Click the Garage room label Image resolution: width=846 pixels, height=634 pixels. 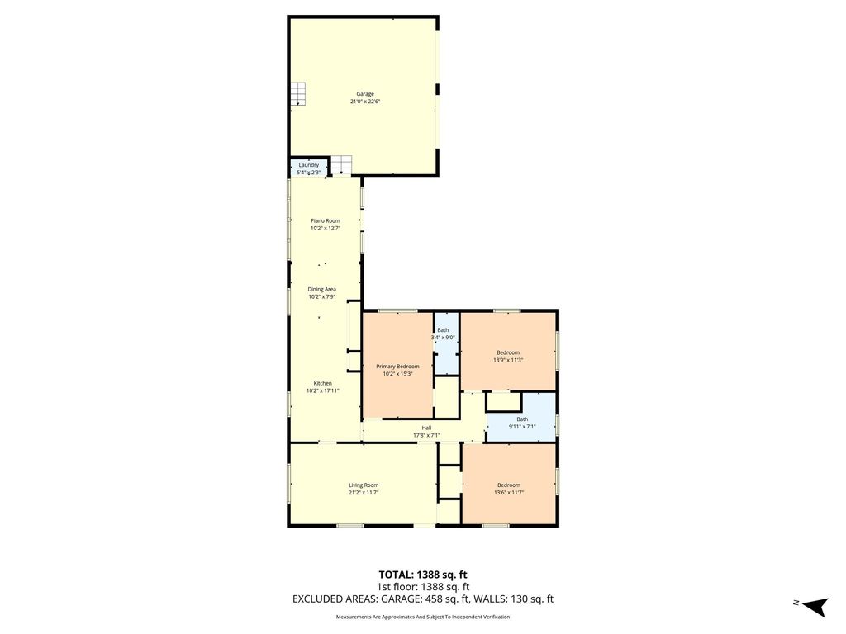364,94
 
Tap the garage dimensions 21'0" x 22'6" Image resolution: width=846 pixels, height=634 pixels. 364,102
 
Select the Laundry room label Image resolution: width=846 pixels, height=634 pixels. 309,165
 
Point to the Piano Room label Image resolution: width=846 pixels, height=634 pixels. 326,220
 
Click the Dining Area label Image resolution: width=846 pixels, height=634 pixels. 322,289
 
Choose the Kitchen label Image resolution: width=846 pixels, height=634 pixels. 323,383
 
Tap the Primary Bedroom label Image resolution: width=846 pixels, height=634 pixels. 397,366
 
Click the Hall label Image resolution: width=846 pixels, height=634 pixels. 426,428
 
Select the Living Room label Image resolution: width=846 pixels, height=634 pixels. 364,485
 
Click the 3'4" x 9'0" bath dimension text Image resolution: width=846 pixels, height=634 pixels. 443,338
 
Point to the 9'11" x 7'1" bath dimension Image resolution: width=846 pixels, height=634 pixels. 522,427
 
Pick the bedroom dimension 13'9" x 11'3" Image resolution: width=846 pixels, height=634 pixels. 508,360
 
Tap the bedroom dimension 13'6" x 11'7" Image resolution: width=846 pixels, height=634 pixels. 509,492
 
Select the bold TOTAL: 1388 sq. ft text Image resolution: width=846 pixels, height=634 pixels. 423,575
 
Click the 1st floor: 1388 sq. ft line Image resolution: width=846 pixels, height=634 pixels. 423,587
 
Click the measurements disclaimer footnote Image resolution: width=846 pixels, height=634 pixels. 423,617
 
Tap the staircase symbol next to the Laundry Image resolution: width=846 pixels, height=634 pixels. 341,165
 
